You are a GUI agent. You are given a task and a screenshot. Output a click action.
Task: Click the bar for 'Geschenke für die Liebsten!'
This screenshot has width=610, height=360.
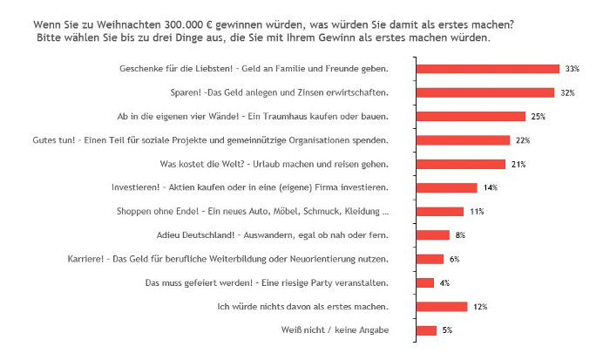coord(488,69)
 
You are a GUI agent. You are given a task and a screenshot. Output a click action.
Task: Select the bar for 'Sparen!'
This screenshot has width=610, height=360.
coord(485,92)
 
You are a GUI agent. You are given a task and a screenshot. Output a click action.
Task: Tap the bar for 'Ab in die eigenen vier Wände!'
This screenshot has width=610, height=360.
coord(471,116)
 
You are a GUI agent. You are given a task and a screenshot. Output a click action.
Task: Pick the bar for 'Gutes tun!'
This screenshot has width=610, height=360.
coord(464,140)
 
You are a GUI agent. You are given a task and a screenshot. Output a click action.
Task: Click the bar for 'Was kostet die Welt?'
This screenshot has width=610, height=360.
coord(461,164)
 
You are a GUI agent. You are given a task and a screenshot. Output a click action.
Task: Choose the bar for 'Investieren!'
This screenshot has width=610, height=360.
coord(447,187)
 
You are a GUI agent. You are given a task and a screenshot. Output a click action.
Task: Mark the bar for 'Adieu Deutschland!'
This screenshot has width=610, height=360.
coord(433,234)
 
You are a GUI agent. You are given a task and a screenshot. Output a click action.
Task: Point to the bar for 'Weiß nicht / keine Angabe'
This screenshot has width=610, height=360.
coord(427,330)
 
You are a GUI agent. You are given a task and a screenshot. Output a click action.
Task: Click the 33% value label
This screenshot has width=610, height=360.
coord(572,69)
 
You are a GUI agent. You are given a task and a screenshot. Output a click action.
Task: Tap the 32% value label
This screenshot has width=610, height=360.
coord(566,92)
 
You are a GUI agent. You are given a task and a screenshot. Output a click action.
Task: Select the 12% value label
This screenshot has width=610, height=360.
coord(480,307)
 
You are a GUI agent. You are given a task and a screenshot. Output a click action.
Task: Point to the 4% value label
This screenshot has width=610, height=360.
coord(444,282)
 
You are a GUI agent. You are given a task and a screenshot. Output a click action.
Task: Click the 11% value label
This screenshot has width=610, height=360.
coord(476,212)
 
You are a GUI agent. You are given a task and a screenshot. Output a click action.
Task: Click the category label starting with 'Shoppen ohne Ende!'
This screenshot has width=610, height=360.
coord(253,211)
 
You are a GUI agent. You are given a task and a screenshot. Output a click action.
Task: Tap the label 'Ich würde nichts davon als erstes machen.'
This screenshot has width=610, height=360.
coord(302,306)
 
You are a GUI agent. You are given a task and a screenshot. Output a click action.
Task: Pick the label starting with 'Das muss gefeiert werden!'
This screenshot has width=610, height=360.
coord(267,282)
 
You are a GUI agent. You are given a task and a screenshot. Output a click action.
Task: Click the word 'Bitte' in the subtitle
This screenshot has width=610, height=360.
coord(52,38)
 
